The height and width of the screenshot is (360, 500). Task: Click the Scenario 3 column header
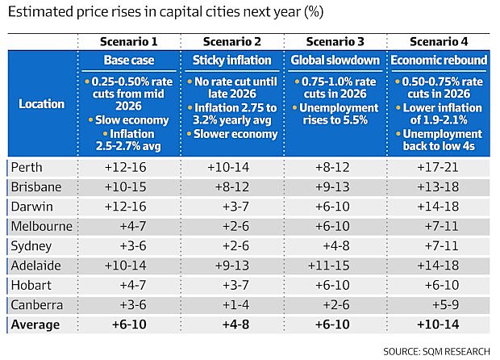335,41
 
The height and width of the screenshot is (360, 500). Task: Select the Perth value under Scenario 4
438,167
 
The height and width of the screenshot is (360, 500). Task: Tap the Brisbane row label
36,187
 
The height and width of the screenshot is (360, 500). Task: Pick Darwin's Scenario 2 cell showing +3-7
235,207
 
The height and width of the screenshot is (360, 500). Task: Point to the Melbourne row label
41,226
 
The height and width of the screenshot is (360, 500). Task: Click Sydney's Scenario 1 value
133,245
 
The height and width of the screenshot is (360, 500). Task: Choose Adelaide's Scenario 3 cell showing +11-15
329,266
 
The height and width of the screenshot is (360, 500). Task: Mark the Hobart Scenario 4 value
442,285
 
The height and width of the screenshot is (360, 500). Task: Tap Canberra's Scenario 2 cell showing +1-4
235,305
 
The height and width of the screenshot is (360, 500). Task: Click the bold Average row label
35,324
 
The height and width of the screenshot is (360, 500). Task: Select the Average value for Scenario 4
438,324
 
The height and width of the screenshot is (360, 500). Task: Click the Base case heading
129,60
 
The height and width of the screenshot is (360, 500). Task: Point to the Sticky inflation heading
231,60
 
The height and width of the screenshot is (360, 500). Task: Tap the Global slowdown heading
335,60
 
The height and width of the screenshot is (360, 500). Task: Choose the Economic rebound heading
439,60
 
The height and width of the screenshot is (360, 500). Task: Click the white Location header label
41,104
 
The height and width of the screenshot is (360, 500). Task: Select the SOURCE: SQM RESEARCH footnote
436,351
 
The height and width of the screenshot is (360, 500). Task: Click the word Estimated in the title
40,12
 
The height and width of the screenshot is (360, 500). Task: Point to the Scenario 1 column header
128,41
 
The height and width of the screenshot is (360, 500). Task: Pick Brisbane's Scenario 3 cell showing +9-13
332,187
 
